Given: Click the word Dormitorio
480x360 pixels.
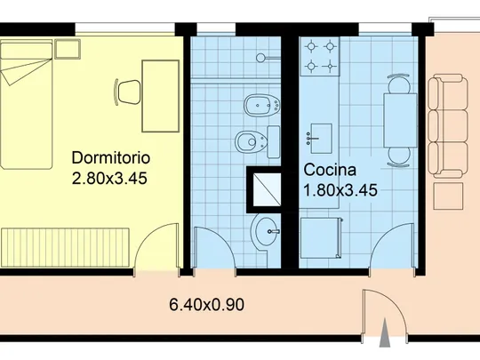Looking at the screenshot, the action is pyautogui.click(x=111, y=158).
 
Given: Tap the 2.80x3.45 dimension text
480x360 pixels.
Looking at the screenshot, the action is pyautogui.click(x=109, y=178).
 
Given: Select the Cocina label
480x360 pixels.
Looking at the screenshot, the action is pyautogui.click(x=330, y=170).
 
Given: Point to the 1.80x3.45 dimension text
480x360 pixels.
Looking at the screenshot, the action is pyautogui.click(x=340, y=190).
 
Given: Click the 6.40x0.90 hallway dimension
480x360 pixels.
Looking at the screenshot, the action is pyautogui.click(x=206, y=305).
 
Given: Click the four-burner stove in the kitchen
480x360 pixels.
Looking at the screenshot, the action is pyautogui.click(x=320, y=56).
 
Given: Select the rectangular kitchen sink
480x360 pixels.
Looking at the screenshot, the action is pyautogui.click(x=321, y=139).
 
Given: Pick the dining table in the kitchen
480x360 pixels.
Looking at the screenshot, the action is pyautogui.click(x=400, y=121).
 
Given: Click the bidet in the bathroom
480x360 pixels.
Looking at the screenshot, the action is pyautogui.click(x=261, y=105).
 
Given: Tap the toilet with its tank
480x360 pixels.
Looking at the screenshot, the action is pyautogui.click(x=257, y=141).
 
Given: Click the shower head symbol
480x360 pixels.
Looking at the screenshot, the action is pyautogui.click(x=268, y=58).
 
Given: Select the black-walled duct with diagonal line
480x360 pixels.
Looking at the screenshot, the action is pyautogui.click(x=264, y=189).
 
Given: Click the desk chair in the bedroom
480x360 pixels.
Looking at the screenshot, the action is pyautogui.click(x=128, y=92).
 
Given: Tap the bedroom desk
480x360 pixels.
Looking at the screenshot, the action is pyautogui.click(x=161, y=96).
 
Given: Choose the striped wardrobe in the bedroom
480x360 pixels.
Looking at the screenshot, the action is pyautogui.click(x=65, y=247).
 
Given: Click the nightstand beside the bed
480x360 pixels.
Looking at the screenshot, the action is pyautogui.click(x=68, y=49).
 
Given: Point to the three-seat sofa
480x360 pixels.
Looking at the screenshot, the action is pyautogui.click(x=448, y=126).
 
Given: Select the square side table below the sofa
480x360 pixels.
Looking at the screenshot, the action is pyautogui.click(x=448, y=196).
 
